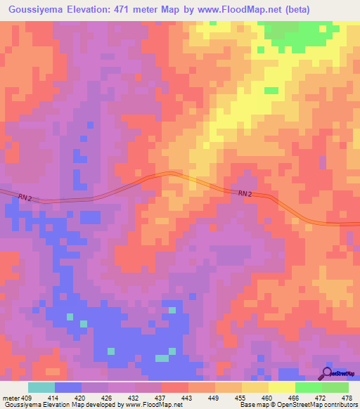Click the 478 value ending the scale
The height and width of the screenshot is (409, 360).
click(347, 398)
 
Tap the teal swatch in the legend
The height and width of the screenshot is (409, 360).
click(41, 387)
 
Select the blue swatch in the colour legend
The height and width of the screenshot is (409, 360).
click(67, 387)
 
